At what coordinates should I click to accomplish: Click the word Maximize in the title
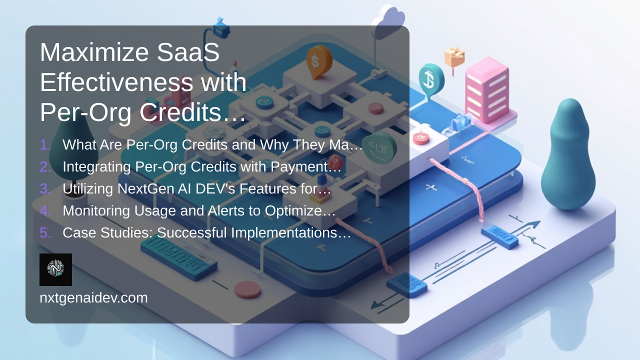pos(94,52)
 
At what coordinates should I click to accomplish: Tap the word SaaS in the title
pos(188,52)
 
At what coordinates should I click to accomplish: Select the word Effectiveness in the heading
pos(116,82)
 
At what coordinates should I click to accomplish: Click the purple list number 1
pos(45,145)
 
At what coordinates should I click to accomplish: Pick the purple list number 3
pos(45,189)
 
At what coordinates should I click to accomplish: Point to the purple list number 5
pos(45,233)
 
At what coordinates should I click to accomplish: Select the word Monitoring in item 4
pos(96,211)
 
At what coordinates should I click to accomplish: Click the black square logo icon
pos(55,269)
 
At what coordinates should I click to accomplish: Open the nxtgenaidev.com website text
pos(93,298)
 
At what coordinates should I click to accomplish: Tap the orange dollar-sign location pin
pos(319,61)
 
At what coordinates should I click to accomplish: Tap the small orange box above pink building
pos(454,57)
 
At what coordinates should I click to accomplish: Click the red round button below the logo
pos(247,289)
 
